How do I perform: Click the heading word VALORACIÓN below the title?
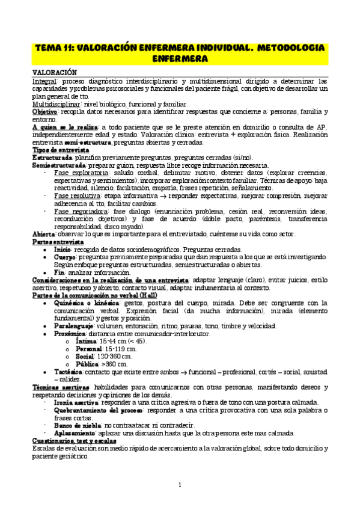pyautogui.click(x=56, y=72)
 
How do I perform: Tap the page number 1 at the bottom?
pyautogui.click(x=179, y=485)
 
